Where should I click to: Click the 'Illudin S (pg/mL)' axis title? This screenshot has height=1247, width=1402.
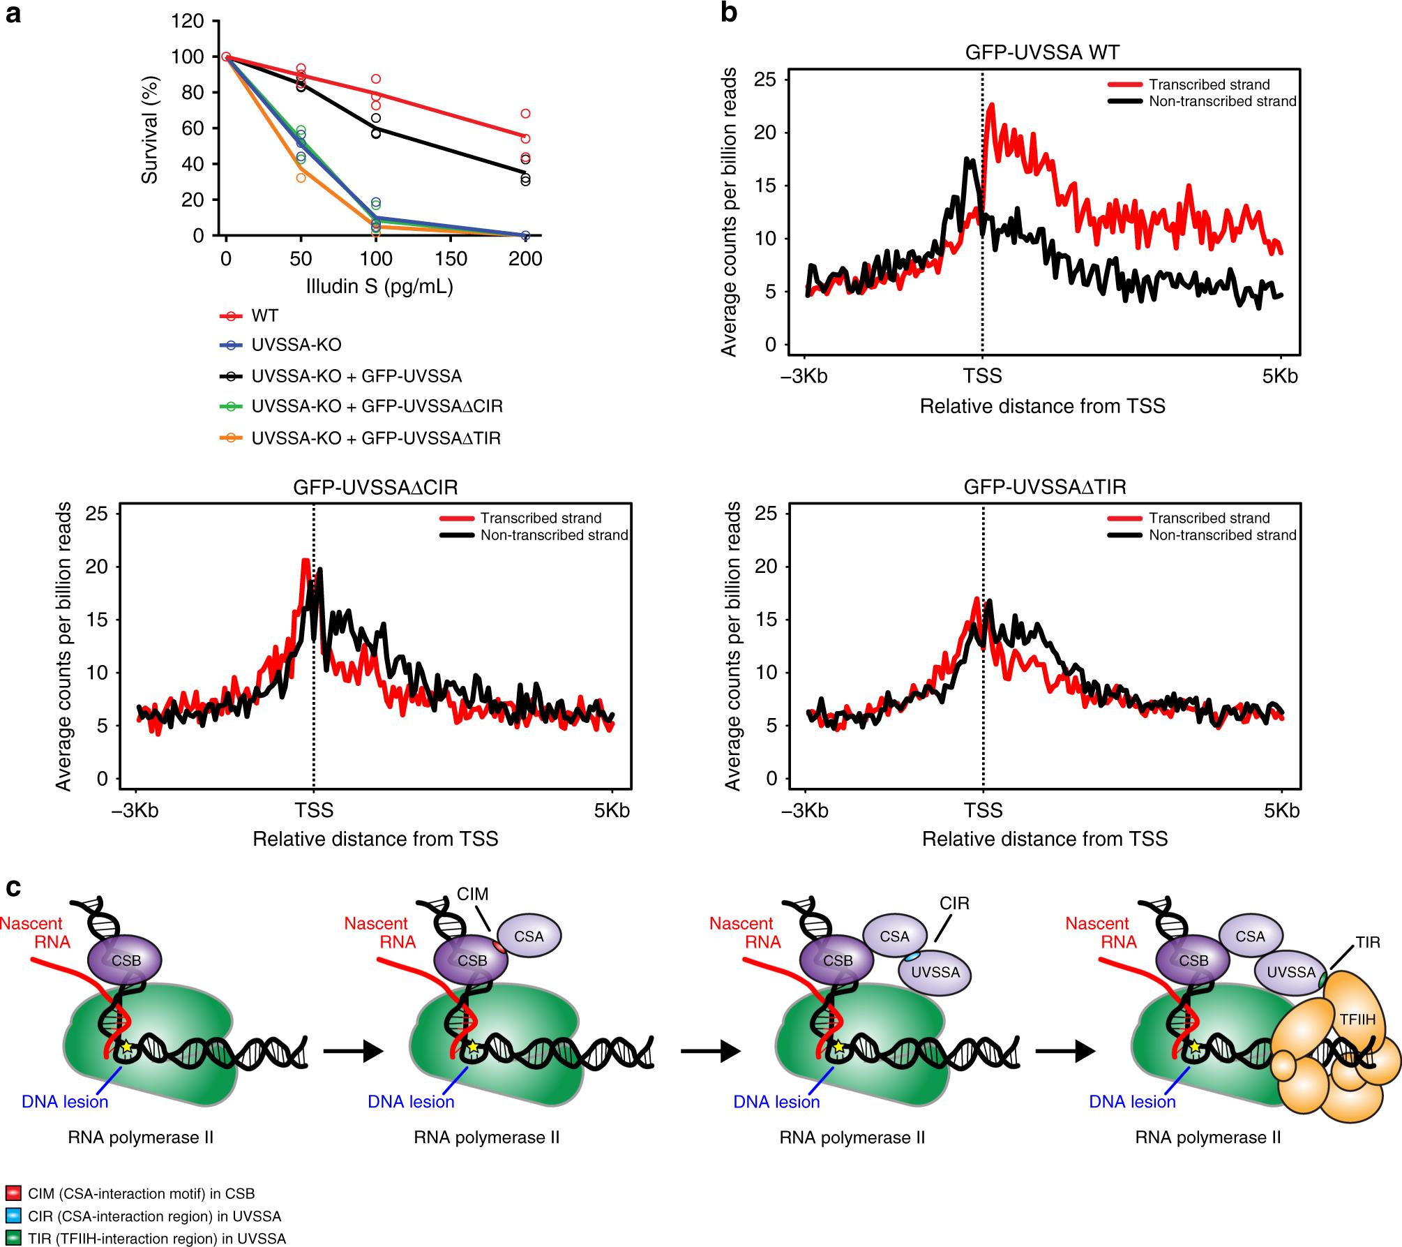379,286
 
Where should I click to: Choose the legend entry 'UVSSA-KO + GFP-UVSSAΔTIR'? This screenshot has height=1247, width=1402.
376,438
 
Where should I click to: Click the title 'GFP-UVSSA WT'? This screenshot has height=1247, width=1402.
1042,52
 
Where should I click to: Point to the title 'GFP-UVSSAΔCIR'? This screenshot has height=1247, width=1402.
375,486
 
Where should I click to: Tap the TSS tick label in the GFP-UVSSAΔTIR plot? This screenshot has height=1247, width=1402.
983,810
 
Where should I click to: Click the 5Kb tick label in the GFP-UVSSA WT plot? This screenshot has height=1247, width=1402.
1281,377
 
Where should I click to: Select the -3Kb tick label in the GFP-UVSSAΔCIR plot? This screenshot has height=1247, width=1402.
137,810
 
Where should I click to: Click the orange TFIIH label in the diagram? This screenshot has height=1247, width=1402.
1357,1020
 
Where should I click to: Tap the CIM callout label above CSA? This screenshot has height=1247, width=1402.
473,894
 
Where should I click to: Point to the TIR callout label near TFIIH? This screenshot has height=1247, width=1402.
1369,943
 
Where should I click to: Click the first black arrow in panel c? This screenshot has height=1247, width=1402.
354,1050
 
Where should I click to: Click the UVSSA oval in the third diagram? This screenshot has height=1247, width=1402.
935,972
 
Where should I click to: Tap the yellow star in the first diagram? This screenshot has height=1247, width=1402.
126,1047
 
